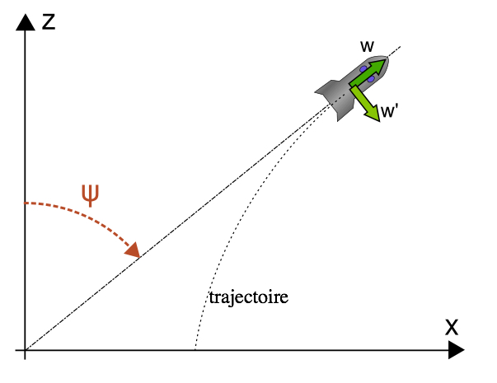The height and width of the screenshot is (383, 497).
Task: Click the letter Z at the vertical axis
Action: [x=49, y=21]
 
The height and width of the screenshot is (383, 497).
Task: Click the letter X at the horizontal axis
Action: [x=452, y=326]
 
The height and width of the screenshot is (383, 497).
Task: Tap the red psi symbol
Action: [x=91, y=194]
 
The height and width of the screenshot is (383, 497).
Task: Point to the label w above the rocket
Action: [x=367, y=46]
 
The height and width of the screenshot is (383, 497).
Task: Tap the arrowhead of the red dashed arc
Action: [x=133, y=250]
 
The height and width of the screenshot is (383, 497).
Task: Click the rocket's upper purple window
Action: [x=363, y=68]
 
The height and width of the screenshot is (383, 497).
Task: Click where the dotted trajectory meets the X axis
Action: [x=195, y=350]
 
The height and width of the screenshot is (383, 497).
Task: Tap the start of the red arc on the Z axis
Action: [x=27, y=203]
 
